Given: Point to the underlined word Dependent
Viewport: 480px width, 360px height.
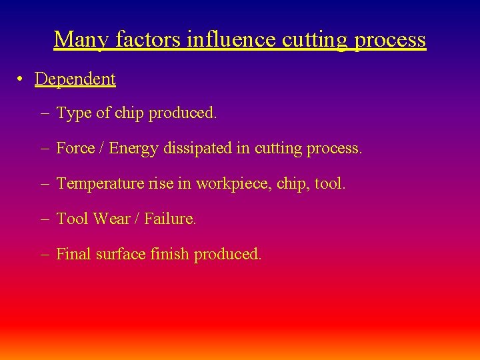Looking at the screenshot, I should (75, 79).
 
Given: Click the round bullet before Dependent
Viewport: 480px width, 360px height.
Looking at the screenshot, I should (22, 79).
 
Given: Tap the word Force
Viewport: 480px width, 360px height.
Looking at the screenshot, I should (75, 148).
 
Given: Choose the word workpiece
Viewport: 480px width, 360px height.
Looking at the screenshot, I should (237, 183).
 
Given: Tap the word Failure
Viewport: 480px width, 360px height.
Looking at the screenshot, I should (170, 219).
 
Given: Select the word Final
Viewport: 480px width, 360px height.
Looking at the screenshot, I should (73, 254).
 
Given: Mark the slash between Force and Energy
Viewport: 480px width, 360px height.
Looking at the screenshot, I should (101, 148).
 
